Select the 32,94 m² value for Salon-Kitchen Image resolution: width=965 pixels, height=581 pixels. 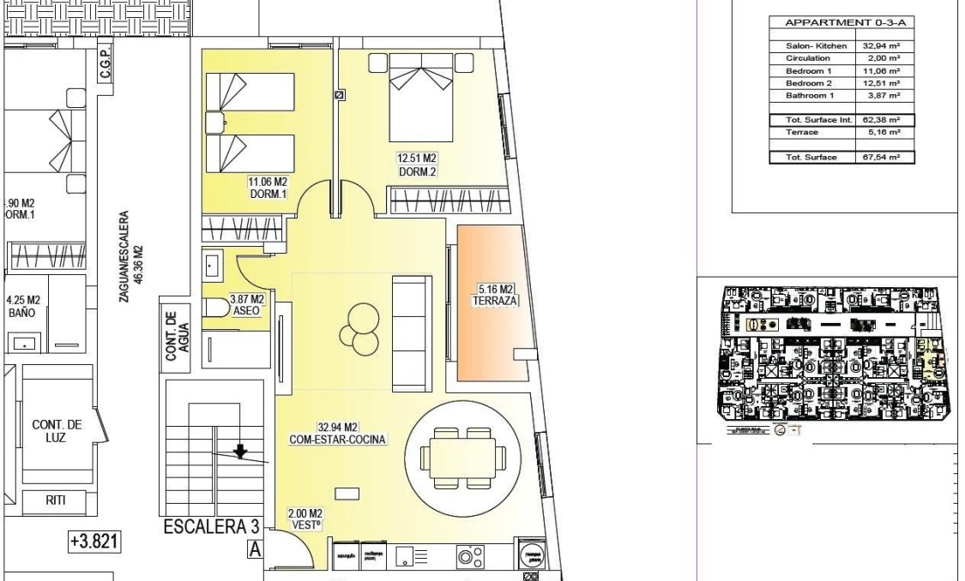pyautogui.click(x=882, y=45)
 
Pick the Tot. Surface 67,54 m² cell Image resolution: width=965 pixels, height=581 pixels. pyautogui.click(x=882, y=158)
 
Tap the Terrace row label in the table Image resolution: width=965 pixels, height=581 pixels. pyautogui.click(x=803, y=133)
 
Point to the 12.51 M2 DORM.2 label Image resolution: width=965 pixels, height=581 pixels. pyautogui.click(x=417, y=165)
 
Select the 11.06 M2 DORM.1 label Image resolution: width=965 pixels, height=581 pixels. pyautogui.click(x=267, y=189)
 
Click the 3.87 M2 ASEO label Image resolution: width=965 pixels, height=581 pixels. pyautogui.click(x=246, y=306)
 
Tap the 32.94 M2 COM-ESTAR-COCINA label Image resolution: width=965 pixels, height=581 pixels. pyautogui.click(x=337, y=433)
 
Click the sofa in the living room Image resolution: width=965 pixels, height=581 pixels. pyautogui.click(x=412, y=329)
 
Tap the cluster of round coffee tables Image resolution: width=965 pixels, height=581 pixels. pyautogui.click(x=359, y=328)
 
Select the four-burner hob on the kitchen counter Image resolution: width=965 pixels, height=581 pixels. pyautogui.click(x=469, y=558)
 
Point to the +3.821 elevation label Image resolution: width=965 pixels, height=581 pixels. pyautogui.click(x=93, y=542)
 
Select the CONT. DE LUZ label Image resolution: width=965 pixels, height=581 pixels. pyautogui.click(x=57, y=431)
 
